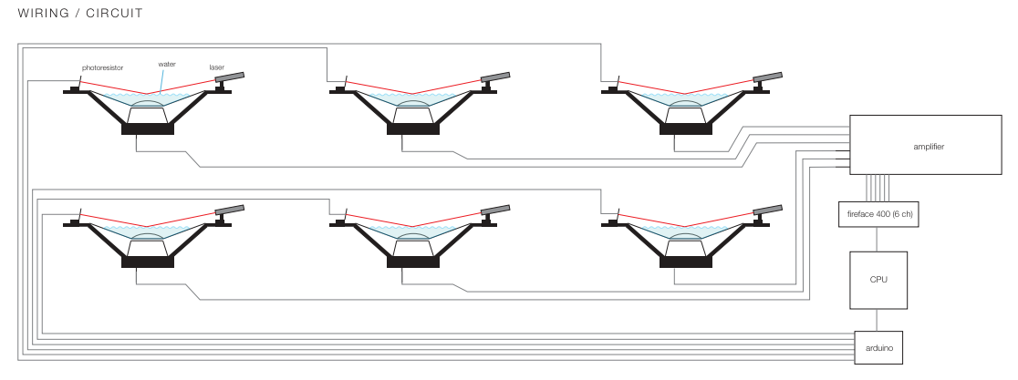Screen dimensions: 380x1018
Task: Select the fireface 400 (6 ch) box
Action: tap(876, 213)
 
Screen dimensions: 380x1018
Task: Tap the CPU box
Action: tap(878, 280)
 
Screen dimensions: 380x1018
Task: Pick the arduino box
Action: tap(878, 346)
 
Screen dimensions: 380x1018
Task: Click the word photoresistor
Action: tap(102, 67)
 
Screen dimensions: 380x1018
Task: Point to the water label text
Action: tap(167, 65)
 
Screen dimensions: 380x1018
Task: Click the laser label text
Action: tap(217, 67)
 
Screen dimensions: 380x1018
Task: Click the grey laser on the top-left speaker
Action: tap(230, 77)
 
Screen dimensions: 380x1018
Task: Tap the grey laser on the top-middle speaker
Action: tap(496, 77)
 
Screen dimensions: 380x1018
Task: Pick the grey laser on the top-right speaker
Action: tap(767, 77)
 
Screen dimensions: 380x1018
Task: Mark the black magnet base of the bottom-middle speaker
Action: tap(413, 262)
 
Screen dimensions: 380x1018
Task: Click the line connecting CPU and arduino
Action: tap(878, 320)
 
